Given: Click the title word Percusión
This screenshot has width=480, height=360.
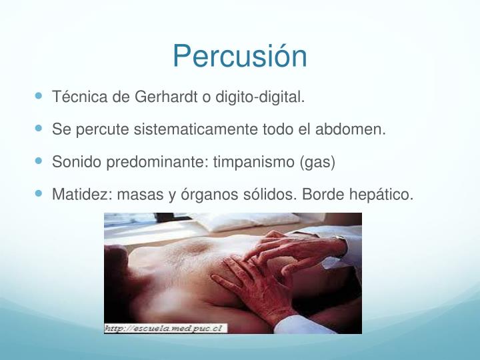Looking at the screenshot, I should point(239,57).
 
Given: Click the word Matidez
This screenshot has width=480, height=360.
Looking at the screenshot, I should point(75,195).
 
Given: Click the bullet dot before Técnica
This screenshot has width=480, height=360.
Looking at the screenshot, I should point(40,97).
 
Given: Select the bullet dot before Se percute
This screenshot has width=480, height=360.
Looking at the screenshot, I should point(40,129).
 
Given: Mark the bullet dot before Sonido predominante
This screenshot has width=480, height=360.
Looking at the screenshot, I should point(40,162).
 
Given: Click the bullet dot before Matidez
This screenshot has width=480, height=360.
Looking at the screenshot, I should point(40,194).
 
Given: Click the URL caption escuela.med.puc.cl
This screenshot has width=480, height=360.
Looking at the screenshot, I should point(165,327).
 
